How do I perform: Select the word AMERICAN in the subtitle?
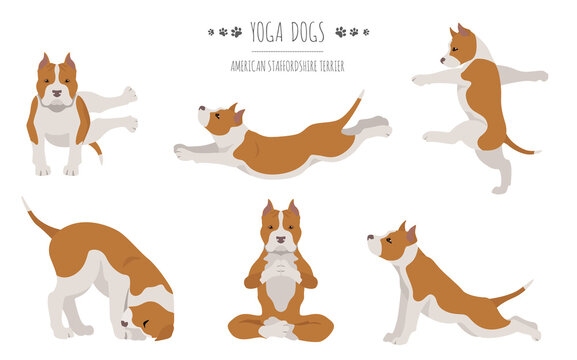click(247, 65)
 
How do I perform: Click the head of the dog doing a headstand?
click(143, 320)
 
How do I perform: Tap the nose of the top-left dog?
click(57, 94)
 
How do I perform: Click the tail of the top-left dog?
click(97, 151)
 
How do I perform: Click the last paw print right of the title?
click(365, 32)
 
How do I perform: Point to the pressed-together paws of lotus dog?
click(280, 264)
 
